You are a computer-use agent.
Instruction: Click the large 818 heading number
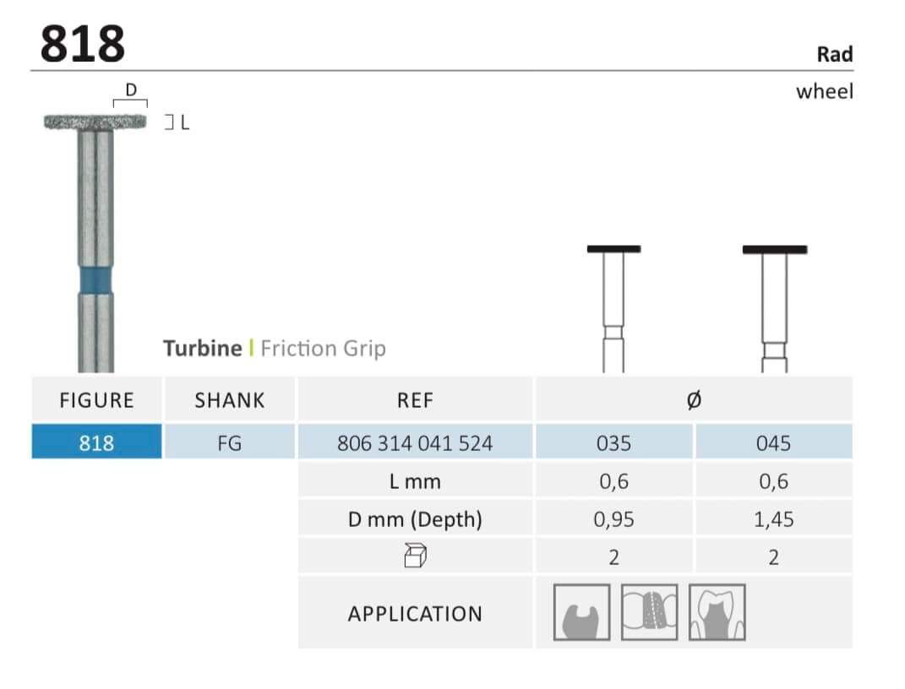[83, 44]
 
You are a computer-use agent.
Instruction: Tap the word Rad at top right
[835, 54]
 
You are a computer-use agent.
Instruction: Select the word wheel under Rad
[824, 91]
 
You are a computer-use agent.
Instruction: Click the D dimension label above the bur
[131, 90]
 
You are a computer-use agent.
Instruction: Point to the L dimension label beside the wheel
[185, 122]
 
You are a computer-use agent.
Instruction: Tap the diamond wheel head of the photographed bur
[95, 122]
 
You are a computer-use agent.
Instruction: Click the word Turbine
[203, 348]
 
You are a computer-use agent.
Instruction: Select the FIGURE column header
[96, 400]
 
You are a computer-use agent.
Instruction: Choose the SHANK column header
[229, 400]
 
